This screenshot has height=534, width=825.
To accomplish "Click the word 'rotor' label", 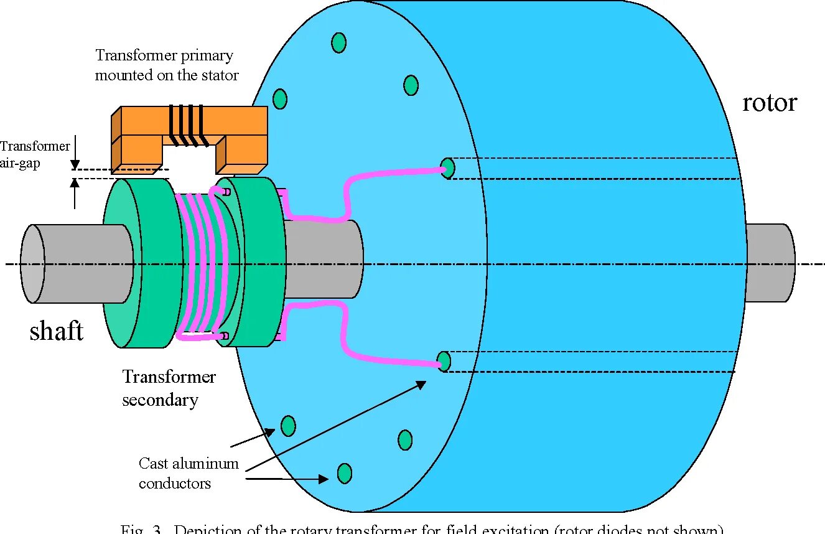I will [769, 103].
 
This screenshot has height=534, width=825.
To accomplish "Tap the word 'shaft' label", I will [57, 331].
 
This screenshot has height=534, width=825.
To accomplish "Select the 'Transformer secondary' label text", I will [169, 388].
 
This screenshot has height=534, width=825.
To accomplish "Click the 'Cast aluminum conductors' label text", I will [189, 473].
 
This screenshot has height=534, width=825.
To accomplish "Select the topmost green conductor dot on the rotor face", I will [338, 42].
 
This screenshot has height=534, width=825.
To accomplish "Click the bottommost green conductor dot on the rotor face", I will [344, 474].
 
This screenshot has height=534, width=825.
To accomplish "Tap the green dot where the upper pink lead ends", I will [447, 167].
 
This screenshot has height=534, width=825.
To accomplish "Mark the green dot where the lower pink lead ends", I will [444, 361].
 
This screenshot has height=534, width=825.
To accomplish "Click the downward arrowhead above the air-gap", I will [75, 165].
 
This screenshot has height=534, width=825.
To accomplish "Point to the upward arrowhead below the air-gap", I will [75, 182].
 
